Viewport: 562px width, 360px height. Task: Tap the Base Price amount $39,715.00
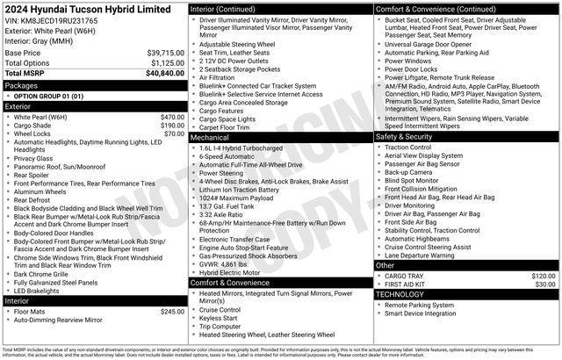click(164, 53)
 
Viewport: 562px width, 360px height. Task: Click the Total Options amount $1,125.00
click(166, 63)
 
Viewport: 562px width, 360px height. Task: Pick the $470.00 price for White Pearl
click(172, 117)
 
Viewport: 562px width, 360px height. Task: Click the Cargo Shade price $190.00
click(172, 125)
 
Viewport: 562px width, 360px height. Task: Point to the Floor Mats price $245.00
click(172, 311)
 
